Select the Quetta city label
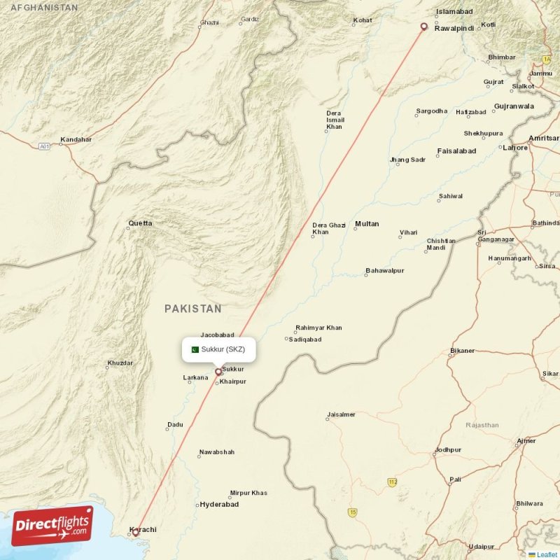139,224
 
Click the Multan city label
367,224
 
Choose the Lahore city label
515,148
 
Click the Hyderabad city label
219,504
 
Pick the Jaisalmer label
341,414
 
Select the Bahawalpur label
384,270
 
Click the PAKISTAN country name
193,308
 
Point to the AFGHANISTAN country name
39,6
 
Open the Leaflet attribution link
547,554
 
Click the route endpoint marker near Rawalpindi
423,28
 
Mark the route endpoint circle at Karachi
136,533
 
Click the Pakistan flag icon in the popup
194,349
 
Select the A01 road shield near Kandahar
45,146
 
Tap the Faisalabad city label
456,150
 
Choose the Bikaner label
462,351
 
